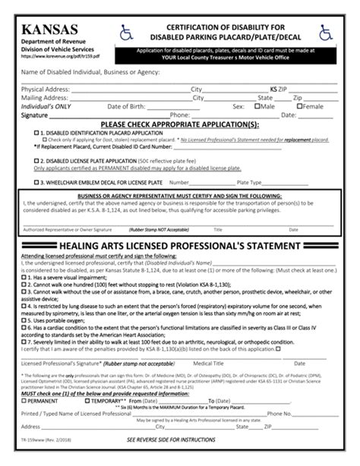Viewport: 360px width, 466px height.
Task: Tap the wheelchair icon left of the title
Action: [x=127, y=33]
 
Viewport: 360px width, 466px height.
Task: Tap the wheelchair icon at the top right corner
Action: [x=326, y=33]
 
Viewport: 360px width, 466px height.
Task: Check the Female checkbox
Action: [x=299, y=107]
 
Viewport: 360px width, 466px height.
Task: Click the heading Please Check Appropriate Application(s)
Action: [x=179, y=123]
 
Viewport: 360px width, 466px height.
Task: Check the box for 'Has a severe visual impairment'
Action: [x=23, y=279]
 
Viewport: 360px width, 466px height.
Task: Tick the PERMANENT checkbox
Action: [x=23, y=401]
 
